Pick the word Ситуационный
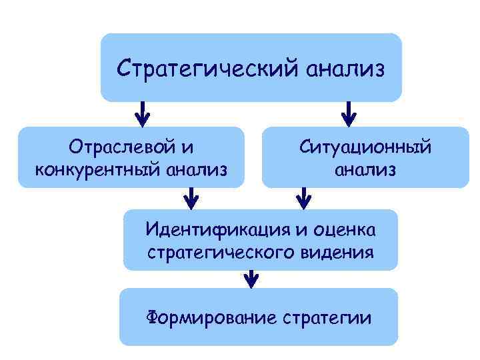click(x=365, y=145)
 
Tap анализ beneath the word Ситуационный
click(x=365, y=169)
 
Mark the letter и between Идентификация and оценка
click(x=301, y=230)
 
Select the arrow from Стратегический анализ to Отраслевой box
click(x=143, y=113)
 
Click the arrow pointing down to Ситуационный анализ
click(x=348, y=113)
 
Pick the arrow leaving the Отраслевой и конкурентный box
click(x=192, y=197)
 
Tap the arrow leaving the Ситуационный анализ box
click(x=304, y=197)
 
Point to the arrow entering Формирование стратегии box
click(x=251, y=278)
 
